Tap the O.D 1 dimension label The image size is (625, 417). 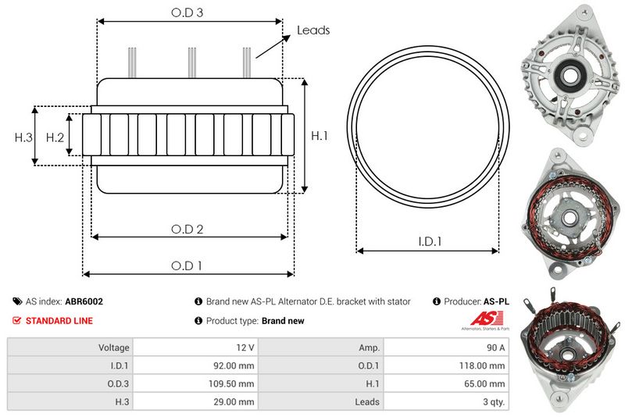[187, 266]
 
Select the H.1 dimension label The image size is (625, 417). [319, 136]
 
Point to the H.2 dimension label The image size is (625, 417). [54, 137]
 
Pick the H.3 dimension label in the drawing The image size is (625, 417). [23, 137]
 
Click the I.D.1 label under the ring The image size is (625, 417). [428, 242]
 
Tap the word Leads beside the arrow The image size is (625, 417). [313, 30]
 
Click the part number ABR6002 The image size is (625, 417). [84, 301]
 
